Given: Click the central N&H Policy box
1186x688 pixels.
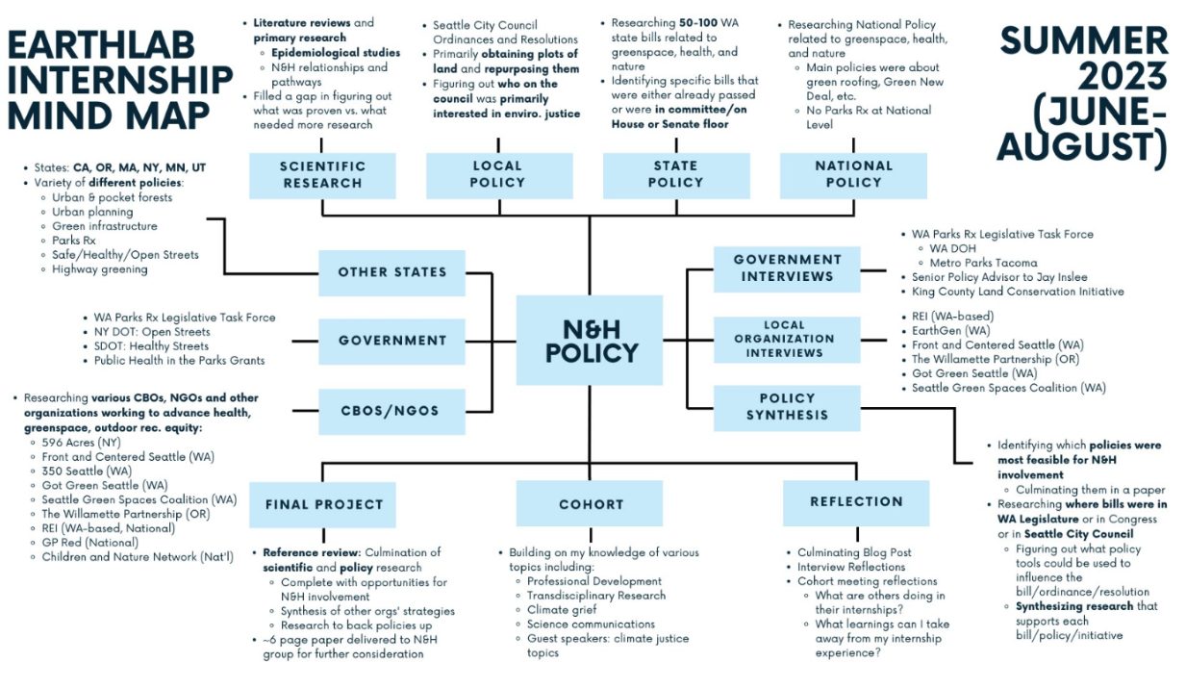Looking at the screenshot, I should coord(590,341).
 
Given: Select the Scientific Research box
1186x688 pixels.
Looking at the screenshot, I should coord(321,174).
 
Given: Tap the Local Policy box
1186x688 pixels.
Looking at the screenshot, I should coord(497,174).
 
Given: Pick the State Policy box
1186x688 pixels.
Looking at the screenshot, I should coord(674,174).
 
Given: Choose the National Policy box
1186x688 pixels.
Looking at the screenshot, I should coord(853,174).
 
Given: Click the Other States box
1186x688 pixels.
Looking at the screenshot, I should coord(391,272).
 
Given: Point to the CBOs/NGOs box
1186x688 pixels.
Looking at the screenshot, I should coord(391,411).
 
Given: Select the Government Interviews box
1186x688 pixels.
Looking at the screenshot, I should coord(787,268).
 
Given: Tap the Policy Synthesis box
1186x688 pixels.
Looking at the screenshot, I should coord(787,406).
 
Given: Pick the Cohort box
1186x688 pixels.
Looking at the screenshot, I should coord(590,503).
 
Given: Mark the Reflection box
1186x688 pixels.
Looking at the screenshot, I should coord(855,501).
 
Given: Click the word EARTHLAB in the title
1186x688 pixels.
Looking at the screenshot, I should coord(103,45).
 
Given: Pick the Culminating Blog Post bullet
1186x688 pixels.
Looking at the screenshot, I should coord(854,552).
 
